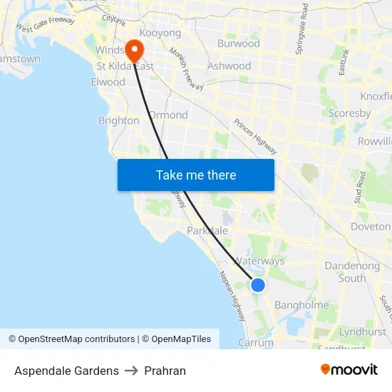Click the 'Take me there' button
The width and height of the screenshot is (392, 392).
click(196, 175)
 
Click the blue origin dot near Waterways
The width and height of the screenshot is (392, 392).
click(258, 285)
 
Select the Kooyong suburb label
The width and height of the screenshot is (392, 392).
click(160, 33)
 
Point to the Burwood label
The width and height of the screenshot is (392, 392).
click(238, 43)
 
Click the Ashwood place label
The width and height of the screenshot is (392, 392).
click(229, 66)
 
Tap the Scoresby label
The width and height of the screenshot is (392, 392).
click(349, 113)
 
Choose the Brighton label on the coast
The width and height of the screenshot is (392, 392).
click(118, 120)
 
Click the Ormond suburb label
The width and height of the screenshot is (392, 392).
click(168, 115)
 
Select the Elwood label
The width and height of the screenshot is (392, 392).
click(108, 82)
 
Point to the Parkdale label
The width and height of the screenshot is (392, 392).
click(207, 230)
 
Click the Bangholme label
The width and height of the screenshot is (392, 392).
click(301, 305)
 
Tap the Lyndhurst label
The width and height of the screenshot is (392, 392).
click(363, 331)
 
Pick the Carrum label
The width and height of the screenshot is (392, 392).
click(255, 343)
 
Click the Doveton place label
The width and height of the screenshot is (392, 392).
click(371, 226)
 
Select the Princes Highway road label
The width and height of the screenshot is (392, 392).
click(255, 136)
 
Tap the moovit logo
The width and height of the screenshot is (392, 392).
click(349, 370)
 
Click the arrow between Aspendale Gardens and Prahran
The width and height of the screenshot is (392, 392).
click(131, 371)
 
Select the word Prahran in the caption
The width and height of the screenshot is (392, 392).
click(165, 371)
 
